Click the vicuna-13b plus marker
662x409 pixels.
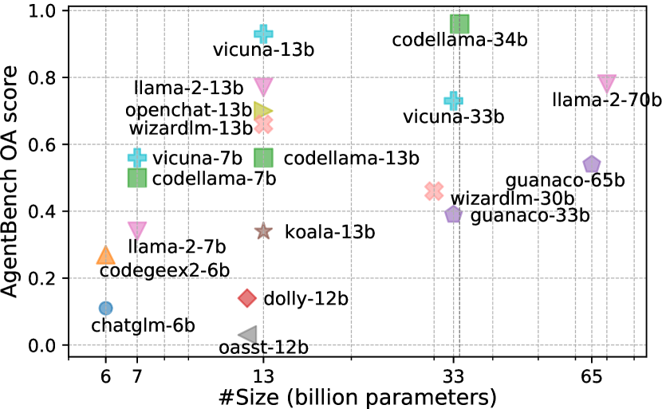[x=263, y=33]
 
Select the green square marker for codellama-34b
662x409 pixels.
[x=459, y=24]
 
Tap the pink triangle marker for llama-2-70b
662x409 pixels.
[x=607, y=84]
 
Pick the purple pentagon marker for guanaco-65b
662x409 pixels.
[x=591, y=164]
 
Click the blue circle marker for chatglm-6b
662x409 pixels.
[x=105, y=308]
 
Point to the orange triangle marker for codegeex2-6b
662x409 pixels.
[x=105, y=255]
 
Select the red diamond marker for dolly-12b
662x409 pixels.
[x=247, y=298]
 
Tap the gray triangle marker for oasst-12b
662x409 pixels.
[x=248, y=335]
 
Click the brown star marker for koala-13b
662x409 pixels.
[x=263, y=231]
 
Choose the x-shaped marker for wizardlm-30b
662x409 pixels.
[x=434, y=191]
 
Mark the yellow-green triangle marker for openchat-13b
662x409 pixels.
[x=263, y=110]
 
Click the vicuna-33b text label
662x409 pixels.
[x=454, y=117]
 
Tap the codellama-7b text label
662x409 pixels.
[x=215, y=179]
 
